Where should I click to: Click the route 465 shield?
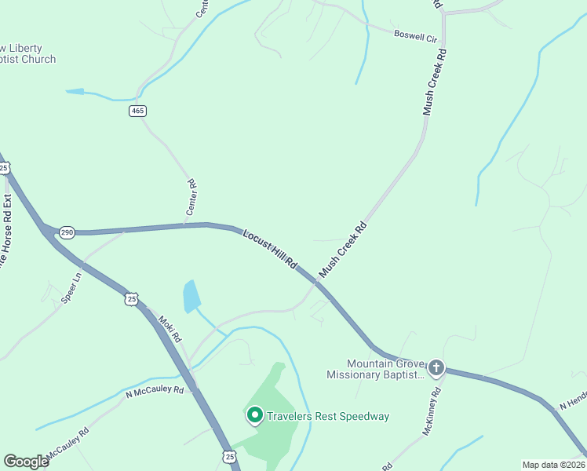[138, 111]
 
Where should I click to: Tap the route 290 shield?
[67, 232]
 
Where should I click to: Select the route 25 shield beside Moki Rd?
[132, 298]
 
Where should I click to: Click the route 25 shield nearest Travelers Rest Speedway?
[229, 456]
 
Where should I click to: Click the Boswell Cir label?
[414, 36]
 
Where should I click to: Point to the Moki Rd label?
[170, 328]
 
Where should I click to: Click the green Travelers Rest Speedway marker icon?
[254, 414]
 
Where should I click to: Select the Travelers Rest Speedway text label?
[328, 416]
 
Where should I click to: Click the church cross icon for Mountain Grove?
[436, 367]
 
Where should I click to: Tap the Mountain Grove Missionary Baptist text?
[376, 369]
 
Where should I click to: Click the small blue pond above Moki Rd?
[191, 297]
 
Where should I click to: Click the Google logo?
[26, 462]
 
